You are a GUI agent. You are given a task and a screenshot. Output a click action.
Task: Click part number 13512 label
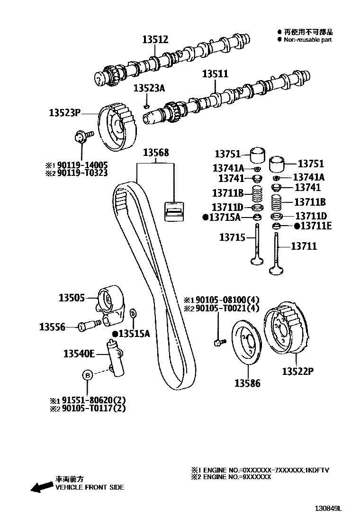click(x=155, y=40)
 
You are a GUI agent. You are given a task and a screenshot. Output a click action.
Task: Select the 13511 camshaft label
click(x=215, y=74)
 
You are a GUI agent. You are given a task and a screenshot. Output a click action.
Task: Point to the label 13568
click(x=156, y=153)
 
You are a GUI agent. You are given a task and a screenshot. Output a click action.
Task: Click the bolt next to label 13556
click(x=90, y=325)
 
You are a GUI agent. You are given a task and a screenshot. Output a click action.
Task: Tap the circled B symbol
click(x=88, y=375)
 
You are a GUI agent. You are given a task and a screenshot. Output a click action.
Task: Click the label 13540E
click(x=79, y=353)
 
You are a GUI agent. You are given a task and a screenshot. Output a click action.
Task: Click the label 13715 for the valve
click(x=231, y=237)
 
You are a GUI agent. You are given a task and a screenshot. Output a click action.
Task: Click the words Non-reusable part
click(x=307, y=40)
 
